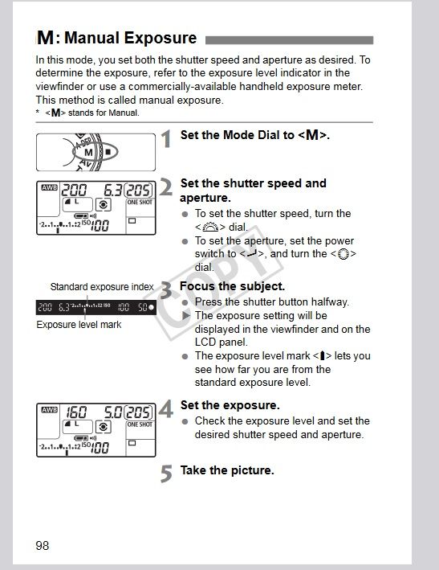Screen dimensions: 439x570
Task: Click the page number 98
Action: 42,545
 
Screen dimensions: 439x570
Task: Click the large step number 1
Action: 166,139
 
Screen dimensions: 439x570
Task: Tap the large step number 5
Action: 166,474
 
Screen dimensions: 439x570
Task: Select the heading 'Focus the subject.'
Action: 232,286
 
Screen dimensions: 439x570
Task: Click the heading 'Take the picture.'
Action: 227,470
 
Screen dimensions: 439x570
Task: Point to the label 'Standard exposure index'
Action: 102,287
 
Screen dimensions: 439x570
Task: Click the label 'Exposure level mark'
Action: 79,324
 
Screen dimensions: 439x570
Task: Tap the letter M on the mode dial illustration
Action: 88,152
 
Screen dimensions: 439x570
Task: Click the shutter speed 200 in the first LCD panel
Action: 74,190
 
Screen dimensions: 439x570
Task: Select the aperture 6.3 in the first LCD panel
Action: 112,190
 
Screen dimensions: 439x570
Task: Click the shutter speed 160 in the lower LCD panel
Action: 75,412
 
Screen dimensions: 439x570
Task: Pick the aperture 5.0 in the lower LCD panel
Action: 113,412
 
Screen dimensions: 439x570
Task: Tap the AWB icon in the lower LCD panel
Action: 49,410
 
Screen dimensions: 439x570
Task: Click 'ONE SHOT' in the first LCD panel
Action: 140,202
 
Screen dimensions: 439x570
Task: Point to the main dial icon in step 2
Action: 210,227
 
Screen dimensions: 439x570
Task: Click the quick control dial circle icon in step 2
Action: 343,254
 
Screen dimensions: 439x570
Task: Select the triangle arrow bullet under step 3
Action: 186,315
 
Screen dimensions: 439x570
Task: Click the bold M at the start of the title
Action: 46,38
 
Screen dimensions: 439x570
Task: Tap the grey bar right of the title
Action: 289,40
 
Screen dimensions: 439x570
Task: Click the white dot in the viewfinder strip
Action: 152,308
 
